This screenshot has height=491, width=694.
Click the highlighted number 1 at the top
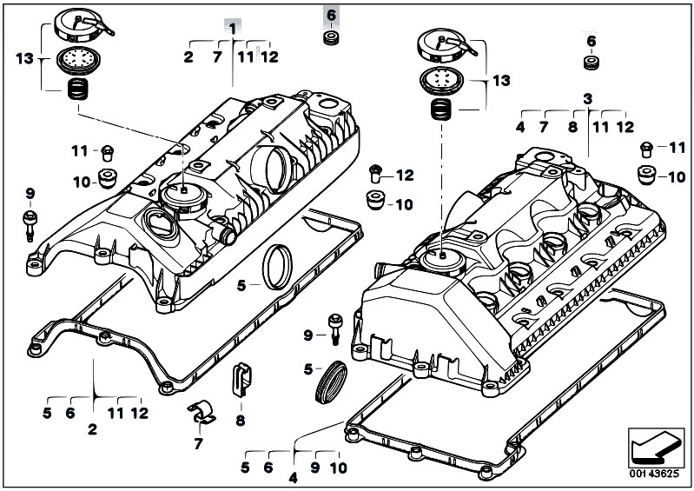[233, 29]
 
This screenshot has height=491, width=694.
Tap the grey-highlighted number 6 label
[332, 16]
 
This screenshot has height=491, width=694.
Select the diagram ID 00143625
[654, 474]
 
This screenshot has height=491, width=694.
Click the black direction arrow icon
[655, 447]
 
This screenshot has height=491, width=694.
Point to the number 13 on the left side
[25, 58]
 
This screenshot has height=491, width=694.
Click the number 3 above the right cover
[587, 99]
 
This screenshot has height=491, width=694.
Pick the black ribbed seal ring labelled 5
[331, 382]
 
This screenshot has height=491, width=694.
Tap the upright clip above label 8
[241, 379]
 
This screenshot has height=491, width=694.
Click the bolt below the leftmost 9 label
[30, 225]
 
